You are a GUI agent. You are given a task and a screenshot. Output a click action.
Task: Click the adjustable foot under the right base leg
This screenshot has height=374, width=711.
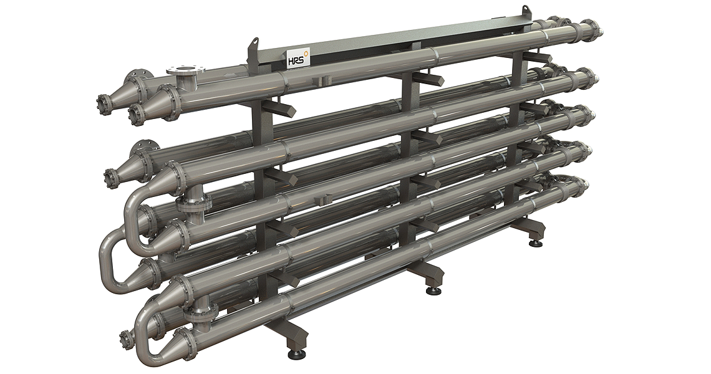537,244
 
